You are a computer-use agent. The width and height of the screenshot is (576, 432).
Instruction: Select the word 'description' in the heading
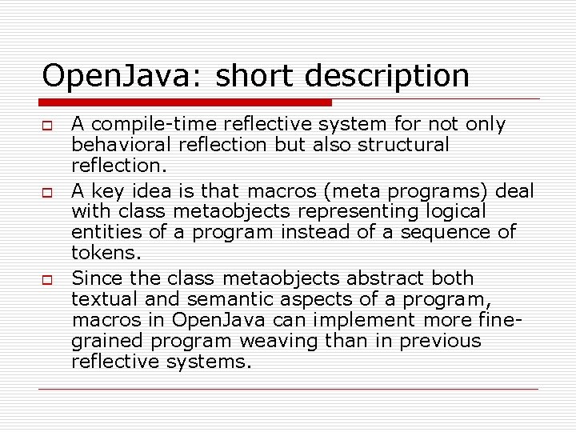coord(388,77)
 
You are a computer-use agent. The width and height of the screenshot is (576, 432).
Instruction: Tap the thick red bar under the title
coord(186,102)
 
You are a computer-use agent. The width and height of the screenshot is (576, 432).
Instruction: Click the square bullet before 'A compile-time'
coord(48,126)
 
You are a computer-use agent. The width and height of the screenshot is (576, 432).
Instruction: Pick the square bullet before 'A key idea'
coord(48,192)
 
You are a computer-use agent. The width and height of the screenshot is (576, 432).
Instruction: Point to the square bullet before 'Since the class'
coord(48,279)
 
